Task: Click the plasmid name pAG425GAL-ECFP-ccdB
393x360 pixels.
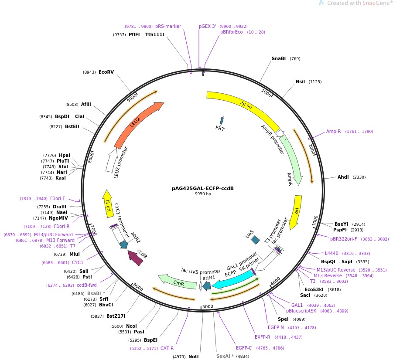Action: [x=202, y=189]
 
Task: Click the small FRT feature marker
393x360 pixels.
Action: [x=222, y=121]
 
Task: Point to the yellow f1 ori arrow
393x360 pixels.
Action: [x=107, y=203]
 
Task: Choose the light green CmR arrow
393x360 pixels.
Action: [x=176, y=281]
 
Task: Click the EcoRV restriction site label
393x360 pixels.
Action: [x=106, y=72]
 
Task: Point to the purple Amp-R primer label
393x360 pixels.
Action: [x=333, y=131]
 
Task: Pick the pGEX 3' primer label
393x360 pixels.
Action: [x=208, y=26]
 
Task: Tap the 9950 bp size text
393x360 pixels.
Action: [x=202, y=194]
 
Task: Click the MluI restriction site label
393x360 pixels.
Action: [x=75, y=254]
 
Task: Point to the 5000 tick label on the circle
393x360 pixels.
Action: [x=208, y=306]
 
